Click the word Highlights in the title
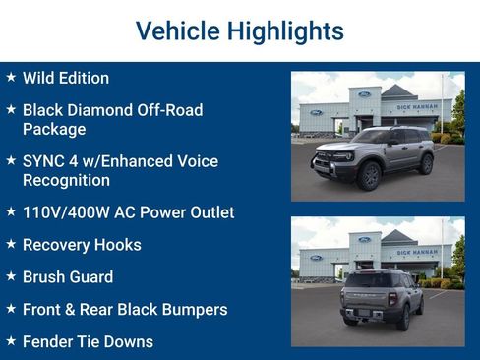click(x=284, y=31)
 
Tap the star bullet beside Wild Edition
click(x=11, y=77)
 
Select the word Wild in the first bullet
click(x=39, y=78)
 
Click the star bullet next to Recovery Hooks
click(x=11, y=244)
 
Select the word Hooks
click(x=117, y=245)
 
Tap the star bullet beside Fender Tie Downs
click(x=11, y=341)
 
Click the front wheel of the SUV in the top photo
click(x=370, y=175)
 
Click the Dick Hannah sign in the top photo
click(x=418, y=106)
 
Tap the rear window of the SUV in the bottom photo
click(x=366, y=279)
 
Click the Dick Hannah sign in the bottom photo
click(x=418, y=253)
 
